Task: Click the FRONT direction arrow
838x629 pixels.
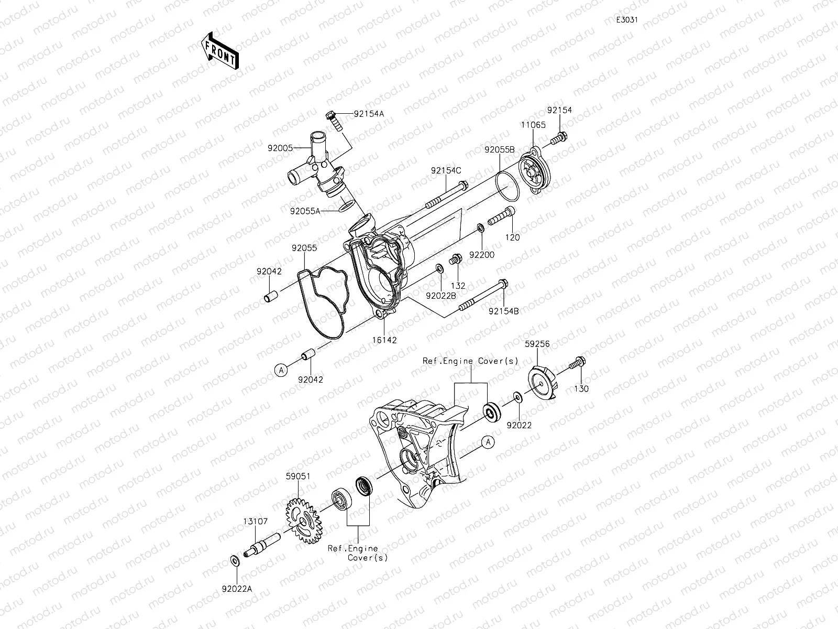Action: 219,51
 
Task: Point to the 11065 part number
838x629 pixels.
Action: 533,125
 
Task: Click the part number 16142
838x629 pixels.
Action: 384,340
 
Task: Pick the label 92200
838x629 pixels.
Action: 481,254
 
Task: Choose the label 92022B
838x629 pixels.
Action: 440,296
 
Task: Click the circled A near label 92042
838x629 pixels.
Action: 281,370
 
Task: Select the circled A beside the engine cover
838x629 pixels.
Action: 488,442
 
